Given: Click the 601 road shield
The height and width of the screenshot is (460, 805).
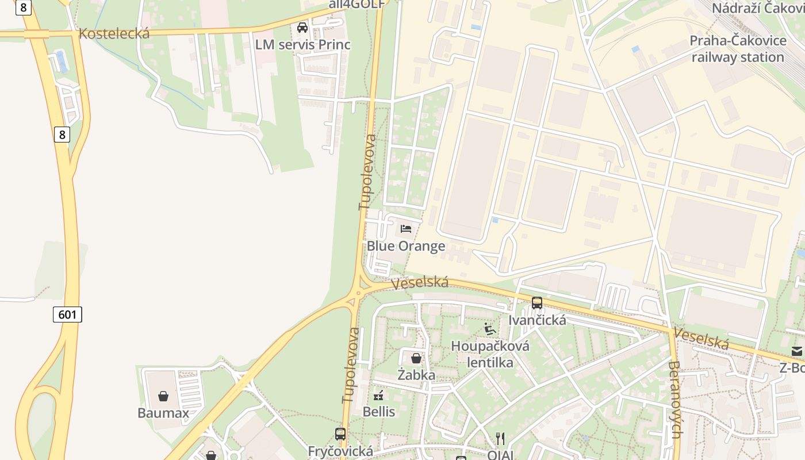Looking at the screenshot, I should point(68,315).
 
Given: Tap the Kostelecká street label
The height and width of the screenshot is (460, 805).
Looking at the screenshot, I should point(114,33).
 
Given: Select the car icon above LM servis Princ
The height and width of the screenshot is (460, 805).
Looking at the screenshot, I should point(302,28).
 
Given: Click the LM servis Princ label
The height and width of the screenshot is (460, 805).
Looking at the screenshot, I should point(303,45).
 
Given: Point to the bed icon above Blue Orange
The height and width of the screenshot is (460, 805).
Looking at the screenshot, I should point(406,229).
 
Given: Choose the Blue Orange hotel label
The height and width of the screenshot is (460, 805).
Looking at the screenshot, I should point(406,246).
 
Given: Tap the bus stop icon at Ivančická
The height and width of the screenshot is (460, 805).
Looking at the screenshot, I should point(537,302).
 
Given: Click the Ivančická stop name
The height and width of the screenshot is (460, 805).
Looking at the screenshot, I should point(537,320).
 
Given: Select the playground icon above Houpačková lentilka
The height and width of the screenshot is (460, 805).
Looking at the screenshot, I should point(490,329).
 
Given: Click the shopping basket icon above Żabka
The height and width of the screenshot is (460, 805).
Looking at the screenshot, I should point(416,358).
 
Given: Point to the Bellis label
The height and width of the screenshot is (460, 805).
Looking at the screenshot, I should point(379,412).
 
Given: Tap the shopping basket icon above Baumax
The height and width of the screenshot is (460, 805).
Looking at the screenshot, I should point(163,396).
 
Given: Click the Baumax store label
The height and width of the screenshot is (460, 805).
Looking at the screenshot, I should point(163,413).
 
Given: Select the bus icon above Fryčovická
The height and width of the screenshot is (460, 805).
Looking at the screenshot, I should point(340,434).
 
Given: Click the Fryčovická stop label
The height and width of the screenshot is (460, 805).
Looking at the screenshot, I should point(340,451).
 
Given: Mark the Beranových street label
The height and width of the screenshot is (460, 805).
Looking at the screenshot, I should point(676,399).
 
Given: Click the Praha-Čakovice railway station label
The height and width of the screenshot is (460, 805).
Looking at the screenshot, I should point(738,49).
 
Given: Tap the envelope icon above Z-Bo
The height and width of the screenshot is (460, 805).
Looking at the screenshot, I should point(797,351).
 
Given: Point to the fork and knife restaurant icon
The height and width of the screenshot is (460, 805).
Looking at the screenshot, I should point(500,438).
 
